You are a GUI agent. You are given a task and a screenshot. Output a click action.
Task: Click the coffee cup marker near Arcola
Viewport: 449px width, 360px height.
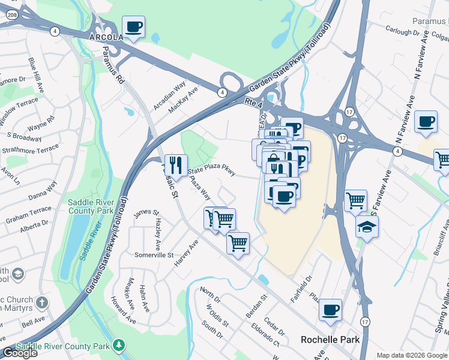click(133, 27)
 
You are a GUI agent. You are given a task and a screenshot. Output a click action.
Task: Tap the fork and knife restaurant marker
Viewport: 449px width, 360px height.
click(175, 164)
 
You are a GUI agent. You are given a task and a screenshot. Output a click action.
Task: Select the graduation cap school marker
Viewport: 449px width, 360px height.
click(367, 226)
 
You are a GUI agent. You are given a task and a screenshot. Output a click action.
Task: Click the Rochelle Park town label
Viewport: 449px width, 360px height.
click(330, 340)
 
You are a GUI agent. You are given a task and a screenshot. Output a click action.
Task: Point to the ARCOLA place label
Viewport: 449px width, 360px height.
click(106, 37)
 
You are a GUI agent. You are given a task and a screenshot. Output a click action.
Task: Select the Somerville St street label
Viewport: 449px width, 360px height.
click(154, 255)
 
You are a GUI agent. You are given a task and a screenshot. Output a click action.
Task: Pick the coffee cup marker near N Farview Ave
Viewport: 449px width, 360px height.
click(426, 121)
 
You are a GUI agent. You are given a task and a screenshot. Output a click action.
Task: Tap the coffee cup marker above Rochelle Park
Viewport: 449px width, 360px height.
click(330, 309)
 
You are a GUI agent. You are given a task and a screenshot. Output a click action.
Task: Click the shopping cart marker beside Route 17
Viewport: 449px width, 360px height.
click(355, 200)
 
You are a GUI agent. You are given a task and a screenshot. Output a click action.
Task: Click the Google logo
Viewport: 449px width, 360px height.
click(20, 353)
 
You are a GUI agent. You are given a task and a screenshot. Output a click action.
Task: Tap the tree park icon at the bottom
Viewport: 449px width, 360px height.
click(119, 346)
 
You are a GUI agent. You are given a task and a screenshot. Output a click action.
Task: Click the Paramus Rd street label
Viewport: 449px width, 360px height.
click(112, 65)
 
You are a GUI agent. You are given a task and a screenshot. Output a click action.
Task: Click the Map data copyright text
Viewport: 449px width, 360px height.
click(412, 355)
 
